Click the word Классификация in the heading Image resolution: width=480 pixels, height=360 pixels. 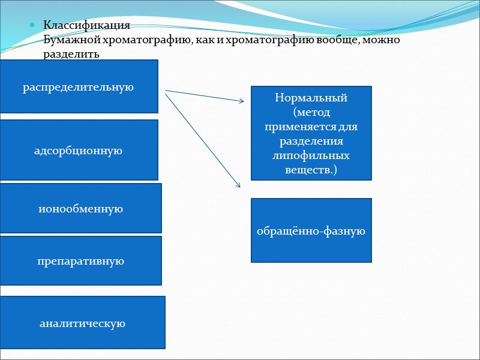click(86, 26)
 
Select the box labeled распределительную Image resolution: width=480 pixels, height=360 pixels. click(79, 86)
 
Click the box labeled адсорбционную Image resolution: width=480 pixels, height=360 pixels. click(79, 150)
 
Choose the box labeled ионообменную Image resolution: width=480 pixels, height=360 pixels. click(80, 208)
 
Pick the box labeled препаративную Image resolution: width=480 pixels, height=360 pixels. click(80, 261)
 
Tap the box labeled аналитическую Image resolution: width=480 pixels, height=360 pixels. click(82, 323)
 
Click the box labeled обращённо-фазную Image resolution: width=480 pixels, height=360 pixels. click(311, 230)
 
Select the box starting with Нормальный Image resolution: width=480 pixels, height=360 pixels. click(311, 133)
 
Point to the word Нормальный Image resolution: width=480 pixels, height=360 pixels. click(311, 98)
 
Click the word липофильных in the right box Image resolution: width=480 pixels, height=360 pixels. click(311, 155)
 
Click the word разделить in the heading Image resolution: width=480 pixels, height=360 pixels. click(71, 54)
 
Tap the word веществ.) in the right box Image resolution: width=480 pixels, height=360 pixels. click(311, 170)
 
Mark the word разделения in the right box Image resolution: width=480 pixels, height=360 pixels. click(311, 141)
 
